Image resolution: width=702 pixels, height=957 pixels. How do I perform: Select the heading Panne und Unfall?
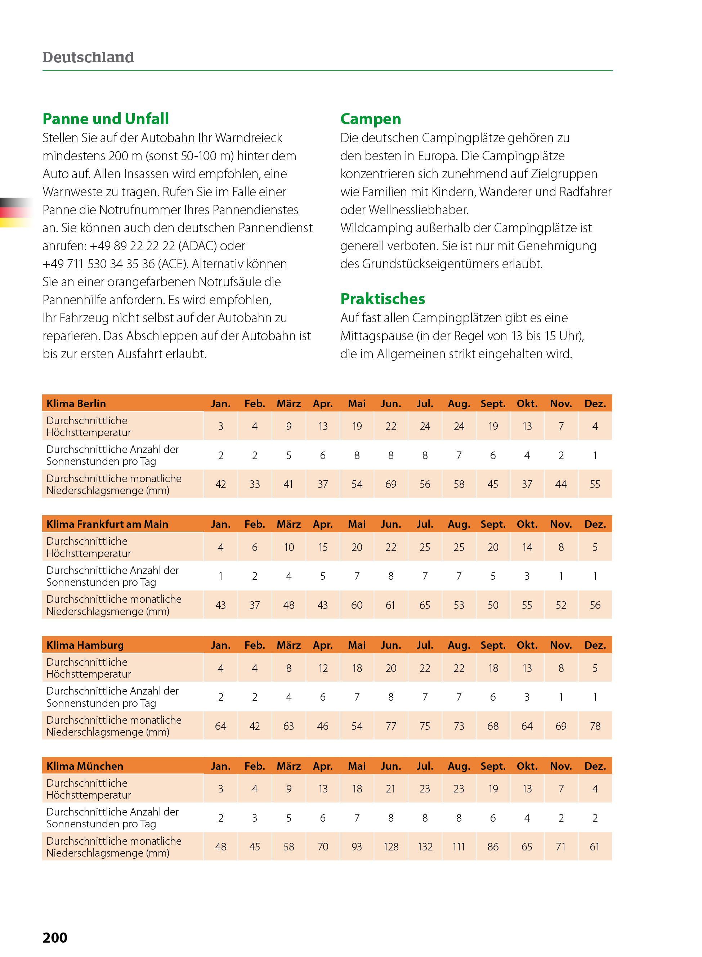pyautogui.click(x=106, y=119)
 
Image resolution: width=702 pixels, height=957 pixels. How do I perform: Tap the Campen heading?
pyautogui.click(x=371, y=119)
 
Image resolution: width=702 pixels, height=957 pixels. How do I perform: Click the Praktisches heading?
pyautogui.click(x=383, y=299)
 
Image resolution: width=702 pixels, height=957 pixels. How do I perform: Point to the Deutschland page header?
pyautogui.click(x=88, y=57)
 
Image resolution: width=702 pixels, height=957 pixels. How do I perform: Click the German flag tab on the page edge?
pyautogui.click(x=15, y=212)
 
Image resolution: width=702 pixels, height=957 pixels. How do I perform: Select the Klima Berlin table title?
pyautogui.click(x=76, y=404)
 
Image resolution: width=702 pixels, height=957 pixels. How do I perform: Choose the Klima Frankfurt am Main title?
pyautogui.click(x=107, y=524)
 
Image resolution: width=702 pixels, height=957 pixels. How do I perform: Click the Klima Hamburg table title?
pyautogui.click(x=85, y=645)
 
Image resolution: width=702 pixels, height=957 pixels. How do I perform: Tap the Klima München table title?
pyautogui.click(x=85, y=766)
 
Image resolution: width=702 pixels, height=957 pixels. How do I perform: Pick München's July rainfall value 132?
pyautogui.click(x=425, y=846)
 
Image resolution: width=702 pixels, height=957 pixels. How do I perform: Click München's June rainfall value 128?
pyautogui.click(x=391, y=846)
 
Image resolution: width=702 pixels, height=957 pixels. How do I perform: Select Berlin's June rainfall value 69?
pyautogui.click(x=391, y=484)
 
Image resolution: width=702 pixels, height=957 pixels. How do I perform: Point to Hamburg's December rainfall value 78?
pyautogui.click(x=595, y=726)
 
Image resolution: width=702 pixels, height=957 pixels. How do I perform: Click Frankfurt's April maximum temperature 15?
pyautogui.click(x=323, y=547)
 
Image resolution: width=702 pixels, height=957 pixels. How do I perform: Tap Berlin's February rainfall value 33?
pyautogui.click(x=255, y=484)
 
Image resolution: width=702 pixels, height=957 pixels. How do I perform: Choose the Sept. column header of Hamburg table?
pyautogui.click(x=493, y=645)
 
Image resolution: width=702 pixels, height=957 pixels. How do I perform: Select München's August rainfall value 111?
pyautogui.click(x=459, y=846)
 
